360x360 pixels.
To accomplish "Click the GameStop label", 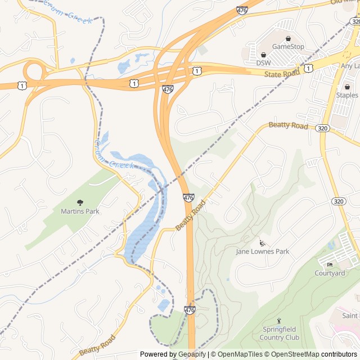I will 288,46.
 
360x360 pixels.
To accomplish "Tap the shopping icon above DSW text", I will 263,55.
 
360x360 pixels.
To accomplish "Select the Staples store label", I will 346,96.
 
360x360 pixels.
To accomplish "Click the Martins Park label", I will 79,211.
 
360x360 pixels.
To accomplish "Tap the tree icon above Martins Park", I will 79,202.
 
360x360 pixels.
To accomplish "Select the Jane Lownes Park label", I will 262,251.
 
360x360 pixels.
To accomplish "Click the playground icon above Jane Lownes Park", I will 262,243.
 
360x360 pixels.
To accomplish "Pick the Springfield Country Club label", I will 280,333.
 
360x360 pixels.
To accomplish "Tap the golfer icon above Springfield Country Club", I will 280,321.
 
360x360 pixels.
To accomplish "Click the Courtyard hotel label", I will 330,273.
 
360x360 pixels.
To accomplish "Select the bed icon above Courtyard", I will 330,265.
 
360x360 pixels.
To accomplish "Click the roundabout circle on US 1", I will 34,71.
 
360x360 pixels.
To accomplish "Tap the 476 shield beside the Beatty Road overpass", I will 188,198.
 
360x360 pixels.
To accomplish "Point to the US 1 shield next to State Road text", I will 308,68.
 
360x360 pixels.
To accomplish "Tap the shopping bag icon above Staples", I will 347,87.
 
